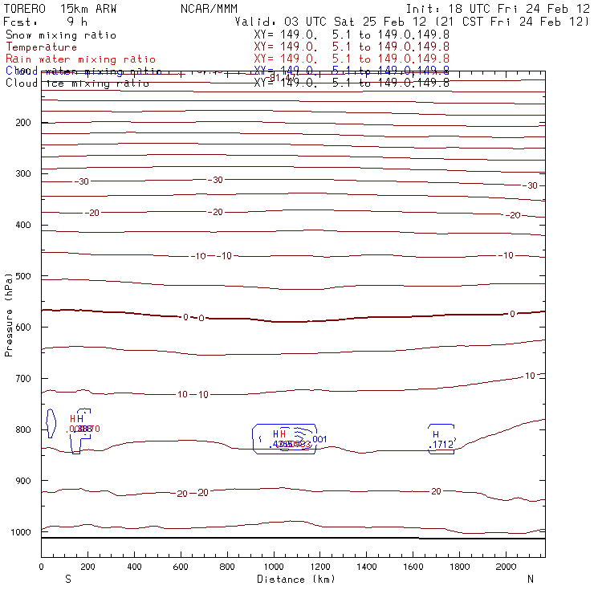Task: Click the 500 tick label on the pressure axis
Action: click(22, 276)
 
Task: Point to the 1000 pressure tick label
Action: click(19, 532)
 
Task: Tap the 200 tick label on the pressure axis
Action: click(22, 123)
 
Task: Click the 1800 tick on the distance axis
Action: click(459, 567)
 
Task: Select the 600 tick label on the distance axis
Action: click(181, 567)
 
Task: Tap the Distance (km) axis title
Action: click(295, 579)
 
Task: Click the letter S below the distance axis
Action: click(67, 579)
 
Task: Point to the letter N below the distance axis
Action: click(530, 579)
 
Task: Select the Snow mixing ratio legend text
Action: click(60, 35)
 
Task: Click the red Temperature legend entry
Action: click(41, 47)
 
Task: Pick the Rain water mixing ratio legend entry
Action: click(80, 59)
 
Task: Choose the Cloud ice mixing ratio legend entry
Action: click(77, 83)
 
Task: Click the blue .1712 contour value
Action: click(442, 444)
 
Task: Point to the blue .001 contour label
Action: click(319, 439)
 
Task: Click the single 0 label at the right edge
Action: click(512, 314)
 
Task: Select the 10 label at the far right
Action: click(530, 376)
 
